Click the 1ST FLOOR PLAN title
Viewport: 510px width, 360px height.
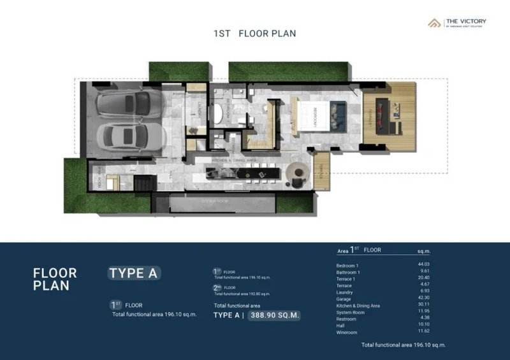(254, 34)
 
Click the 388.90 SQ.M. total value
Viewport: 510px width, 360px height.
(275, 315)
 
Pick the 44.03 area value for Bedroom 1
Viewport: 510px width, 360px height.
(439, 265)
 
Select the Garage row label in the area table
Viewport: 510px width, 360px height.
(344, 298)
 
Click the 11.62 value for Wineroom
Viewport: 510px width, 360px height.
(439, 332)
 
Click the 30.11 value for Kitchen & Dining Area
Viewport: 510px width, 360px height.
(439, 305)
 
